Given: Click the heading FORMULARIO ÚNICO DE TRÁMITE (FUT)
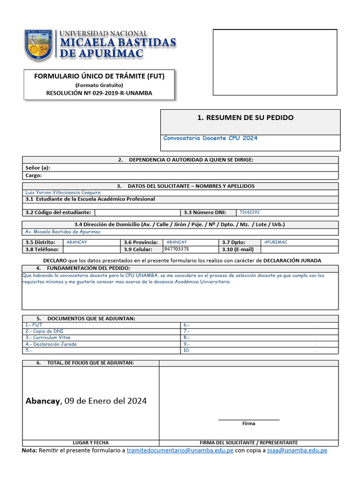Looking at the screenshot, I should (99, 76).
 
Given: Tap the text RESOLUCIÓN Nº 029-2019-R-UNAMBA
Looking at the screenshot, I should (99, 93).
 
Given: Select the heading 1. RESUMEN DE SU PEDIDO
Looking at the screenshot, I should (246, 118).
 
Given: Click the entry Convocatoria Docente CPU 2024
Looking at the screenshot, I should (210, 138).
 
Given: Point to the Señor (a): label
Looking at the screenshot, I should (37, 167).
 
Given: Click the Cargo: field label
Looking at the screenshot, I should (34, 175).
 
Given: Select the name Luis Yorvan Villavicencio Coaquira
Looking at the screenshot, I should (63, 193).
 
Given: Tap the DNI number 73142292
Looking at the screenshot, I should (249, 212).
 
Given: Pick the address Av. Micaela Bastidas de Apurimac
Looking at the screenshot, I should (63, 232).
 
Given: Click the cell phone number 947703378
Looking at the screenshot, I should (177, 249).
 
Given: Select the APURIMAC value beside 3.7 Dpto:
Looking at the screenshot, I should (276, 242).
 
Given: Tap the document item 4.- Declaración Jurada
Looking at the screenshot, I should (51, 344).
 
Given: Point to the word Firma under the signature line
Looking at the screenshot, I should (248, 423).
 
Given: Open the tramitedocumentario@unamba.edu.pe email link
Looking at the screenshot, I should (180, 450).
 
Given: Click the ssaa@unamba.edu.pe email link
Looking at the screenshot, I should (297, 450).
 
